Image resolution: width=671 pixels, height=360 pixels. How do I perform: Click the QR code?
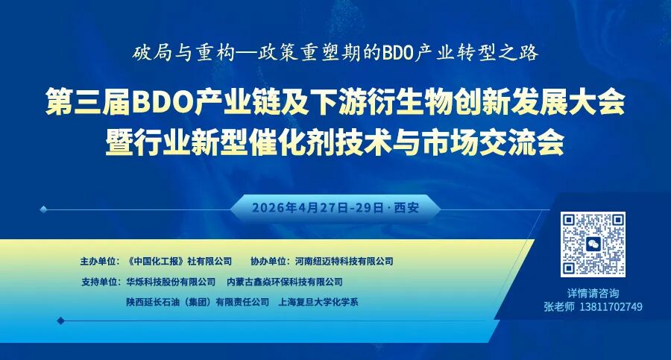[593, 244]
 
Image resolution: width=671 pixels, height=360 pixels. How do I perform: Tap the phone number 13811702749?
[611, 307]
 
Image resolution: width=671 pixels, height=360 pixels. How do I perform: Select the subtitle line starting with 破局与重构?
[335, 54]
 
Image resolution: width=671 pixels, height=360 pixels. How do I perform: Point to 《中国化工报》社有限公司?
[179, 261]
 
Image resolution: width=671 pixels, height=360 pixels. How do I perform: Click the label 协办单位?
[268, 261]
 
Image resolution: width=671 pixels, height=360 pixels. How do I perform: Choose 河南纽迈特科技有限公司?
[344, 261]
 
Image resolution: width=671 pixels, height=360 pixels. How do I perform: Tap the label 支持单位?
[99, 282]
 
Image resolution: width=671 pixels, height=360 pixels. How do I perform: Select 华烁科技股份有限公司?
[171, 282]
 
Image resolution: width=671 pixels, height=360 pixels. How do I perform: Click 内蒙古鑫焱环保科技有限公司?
[285, 282]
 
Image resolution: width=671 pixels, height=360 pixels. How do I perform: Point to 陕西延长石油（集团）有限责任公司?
[198, 302]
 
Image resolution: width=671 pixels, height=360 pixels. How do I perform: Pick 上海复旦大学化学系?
[318, 302]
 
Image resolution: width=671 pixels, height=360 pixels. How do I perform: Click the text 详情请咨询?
[593, 293]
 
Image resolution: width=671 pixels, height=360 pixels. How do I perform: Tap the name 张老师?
[559, 307]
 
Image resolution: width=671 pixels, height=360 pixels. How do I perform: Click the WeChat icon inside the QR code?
[593, 244]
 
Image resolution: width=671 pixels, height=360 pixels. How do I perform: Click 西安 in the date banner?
[406, 208]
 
